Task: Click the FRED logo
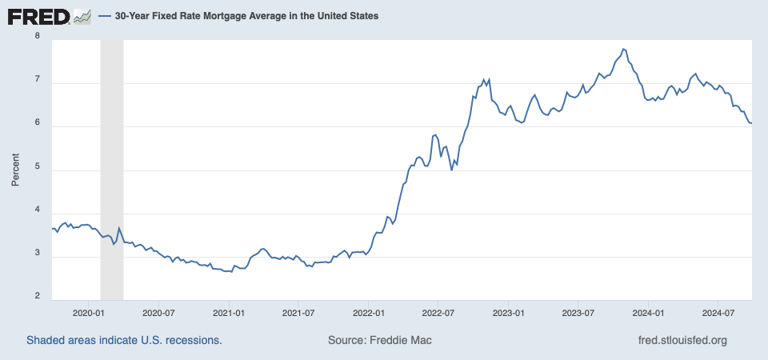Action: point(38,17)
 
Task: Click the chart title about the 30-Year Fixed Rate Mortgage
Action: point(246,16)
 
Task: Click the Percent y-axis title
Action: point(15,170)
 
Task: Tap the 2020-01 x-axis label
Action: point(89,311)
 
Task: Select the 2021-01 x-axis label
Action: point(229,311)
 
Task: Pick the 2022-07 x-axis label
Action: point(438,311)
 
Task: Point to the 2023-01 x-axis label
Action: point(509,311)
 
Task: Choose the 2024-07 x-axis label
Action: point(718,311)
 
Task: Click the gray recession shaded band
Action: point(112,170)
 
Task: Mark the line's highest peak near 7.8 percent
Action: point(623,49)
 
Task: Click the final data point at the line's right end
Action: point(752,123)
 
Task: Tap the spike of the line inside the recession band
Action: point(118,228)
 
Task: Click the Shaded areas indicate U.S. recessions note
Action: point(124,340)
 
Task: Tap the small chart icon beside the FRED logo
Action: point(82,17)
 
